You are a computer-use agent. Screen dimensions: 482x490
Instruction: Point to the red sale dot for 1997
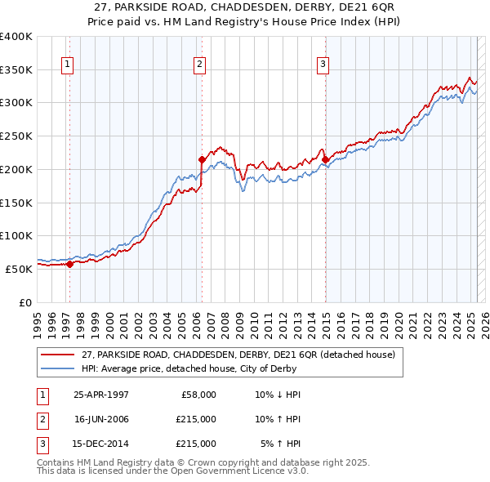(70, 264)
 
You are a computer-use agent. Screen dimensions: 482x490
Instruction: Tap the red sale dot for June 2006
(202, 159)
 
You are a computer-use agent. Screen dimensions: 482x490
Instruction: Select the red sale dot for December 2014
(325, 159)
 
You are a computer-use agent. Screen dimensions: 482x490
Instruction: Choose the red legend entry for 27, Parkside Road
(238, 355)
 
